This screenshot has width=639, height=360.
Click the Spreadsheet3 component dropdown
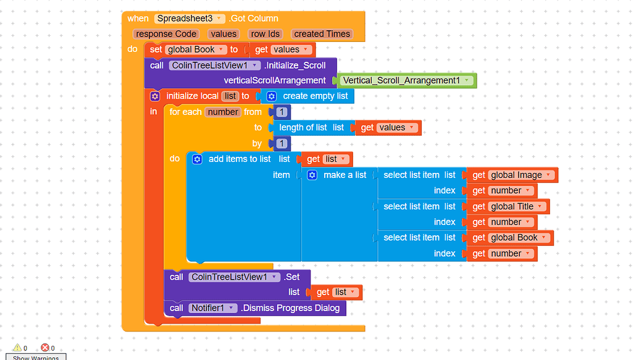[x=190, y=19]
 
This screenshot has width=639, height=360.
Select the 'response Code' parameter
[x=166, y=34]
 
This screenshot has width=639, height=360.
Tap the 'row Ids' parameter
[x=265, y=34]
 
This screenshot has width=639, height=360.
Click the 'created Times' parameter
[x=322, y=34]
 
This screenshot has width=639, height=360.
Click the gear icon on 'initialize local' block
[x=155, y=96]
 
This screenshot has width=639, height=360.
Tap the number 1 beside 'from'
[x=281, y=112]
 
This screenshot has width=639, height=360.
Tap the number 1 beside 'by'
[x=281, y=143]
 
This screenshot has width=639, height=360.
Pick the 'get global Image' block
[x=512, y=175]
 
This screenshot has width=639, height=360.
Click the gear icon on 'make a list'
[x=312, y=175]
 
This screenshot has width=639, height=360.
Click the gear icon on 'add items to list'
[x=197, y=159]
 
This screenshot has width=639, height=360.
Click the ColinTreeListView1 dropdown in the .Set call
[x=234, y=277]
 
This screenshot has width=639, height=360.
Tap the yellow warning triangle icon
[x=17, y=348]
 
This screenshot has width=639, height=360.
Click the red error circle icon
[x=45, y=348]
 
